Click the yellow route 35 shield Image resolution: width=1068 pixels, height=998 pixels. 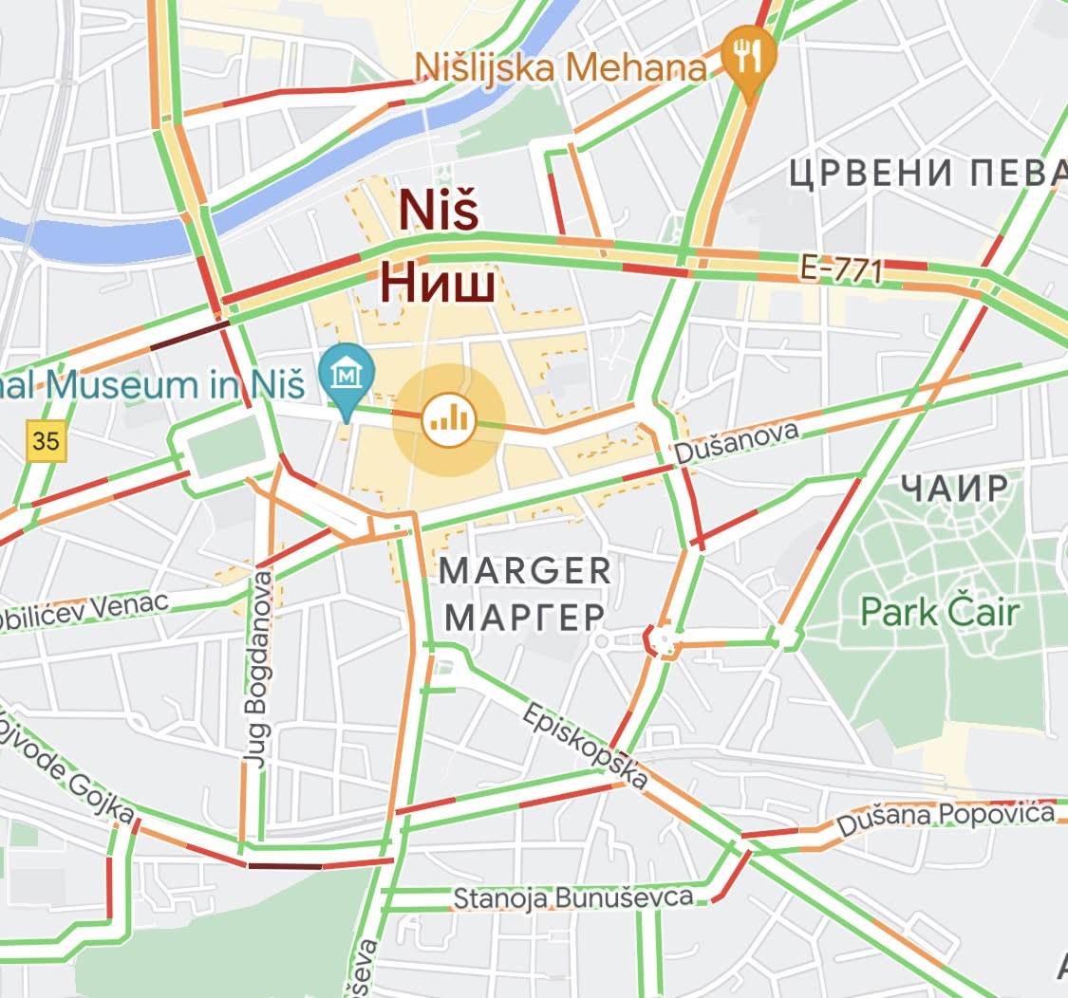[46, 441]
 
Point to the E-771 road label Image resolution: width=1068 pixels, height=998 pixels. [840, 269]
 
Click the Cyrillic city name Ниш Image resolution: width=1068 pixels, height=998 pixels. [439, 283]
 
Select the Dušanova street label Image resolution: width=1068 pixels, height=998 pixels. [735, 444]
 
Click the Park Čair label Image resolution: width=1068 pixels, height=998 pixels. [939, 612]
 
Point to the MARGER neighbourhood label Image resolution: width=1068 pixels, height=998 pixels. [525, 571]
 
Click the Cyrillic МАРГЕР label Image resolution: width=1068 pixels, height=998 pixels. [524, 617]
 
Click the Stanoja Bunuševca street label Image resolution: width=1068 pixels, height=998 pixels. [572, 897]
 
